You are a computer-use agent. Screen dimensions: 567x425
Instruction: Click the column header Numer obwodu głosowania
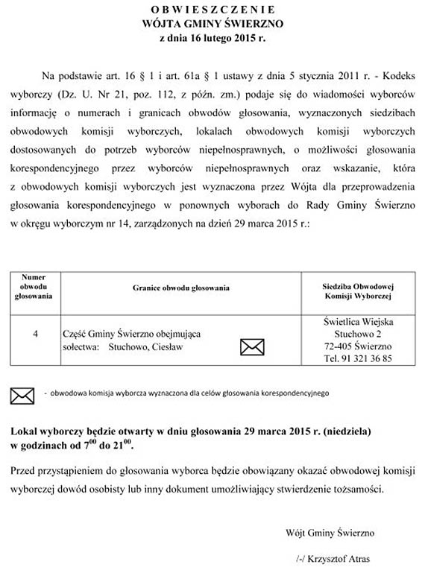[34, 286]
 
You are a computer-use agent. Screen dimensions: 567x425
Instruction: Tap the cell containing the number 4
[36, 335]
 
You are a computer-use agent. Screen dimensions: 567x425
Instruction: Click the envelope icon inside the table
[252, 346]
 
